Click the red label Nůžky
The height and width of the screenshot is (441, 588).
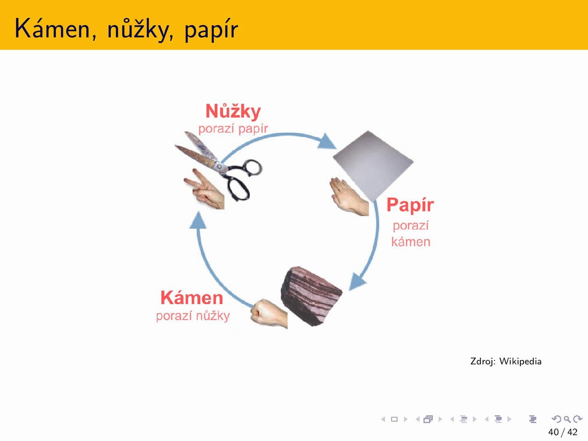[x=233, y=111]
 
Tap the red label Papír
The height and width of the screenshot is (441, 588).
[x=410, y=205]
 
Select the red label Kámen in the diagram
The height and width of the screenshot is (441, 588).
[x=192, y=298]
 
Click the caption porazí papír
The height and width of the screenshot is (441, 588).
[x=233, y=129]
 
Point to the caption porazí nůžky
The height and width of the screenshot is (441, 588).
[x=193, y=316]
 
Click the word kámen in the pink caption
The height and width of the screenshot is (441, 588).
[x=411, y=242]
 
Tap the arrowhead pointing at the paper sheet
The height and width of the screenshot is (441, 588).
[x=326, y=141]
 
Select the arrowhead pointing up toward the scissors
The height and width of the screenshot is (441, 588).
[x=198, y=220]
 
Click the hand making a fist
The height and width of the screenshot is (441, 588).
[x=269, y=313]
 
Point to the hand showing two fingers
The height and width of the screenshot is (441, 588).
[x=204, y=189]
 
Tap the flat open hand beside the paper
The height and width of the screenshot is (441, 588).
[x=349, y=197]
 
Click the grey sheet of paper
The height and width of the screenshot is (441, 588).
[x=373, y=165]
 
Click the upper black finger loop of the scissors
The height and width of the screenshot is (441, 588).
[x=253, y=167]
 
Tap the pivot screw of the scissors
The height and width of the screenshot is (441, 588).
[x=220, y=167]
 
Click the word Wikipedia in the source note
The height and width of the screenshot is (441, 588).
[x=520, y=361]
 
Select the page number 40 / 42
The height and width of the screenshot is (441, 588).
[x=563, y=432]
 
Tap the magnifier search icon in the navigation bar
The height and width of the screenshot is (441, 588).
[x=567, y=419]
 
